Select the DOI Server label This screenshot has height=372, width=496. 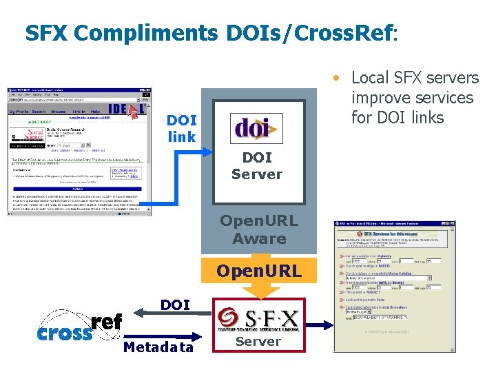tap(257, 166)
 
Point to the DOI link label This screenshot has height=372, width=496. tap(182, 128)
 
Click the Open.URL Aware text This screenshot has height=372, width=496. tap(259, 230)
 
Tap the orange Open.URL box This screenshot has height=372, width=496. tap(259, 271)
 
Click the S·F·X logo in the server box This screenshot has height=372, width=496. tap(258, 318)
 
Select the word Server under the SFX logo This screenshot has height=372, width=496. tap(258, 342)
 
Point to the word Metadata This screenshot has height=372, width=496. tap(158, 347)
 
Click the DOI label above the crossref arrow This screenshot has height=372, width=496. tap(175, 304)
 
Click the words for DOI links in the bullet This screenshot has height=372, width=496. tap(397, 118)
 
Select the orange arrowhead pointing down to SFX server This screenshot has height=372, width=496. tap(259, 291)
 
